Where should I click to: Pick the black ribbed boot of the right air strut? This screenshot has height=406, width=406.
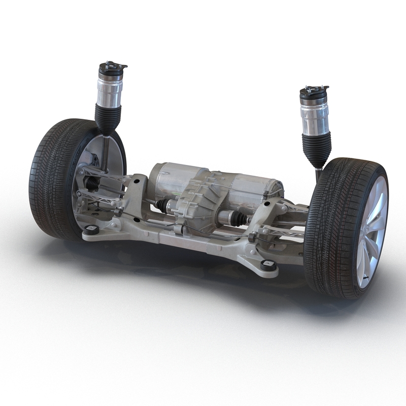(317, 148)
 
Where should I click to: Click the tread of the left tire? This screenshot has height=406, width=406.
(46, 178)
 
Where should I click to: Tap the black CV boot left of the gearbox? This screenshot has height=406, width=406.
(162, 205)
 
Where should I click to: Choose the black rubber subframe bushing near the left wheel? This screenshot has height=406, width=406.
(92, 229)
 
